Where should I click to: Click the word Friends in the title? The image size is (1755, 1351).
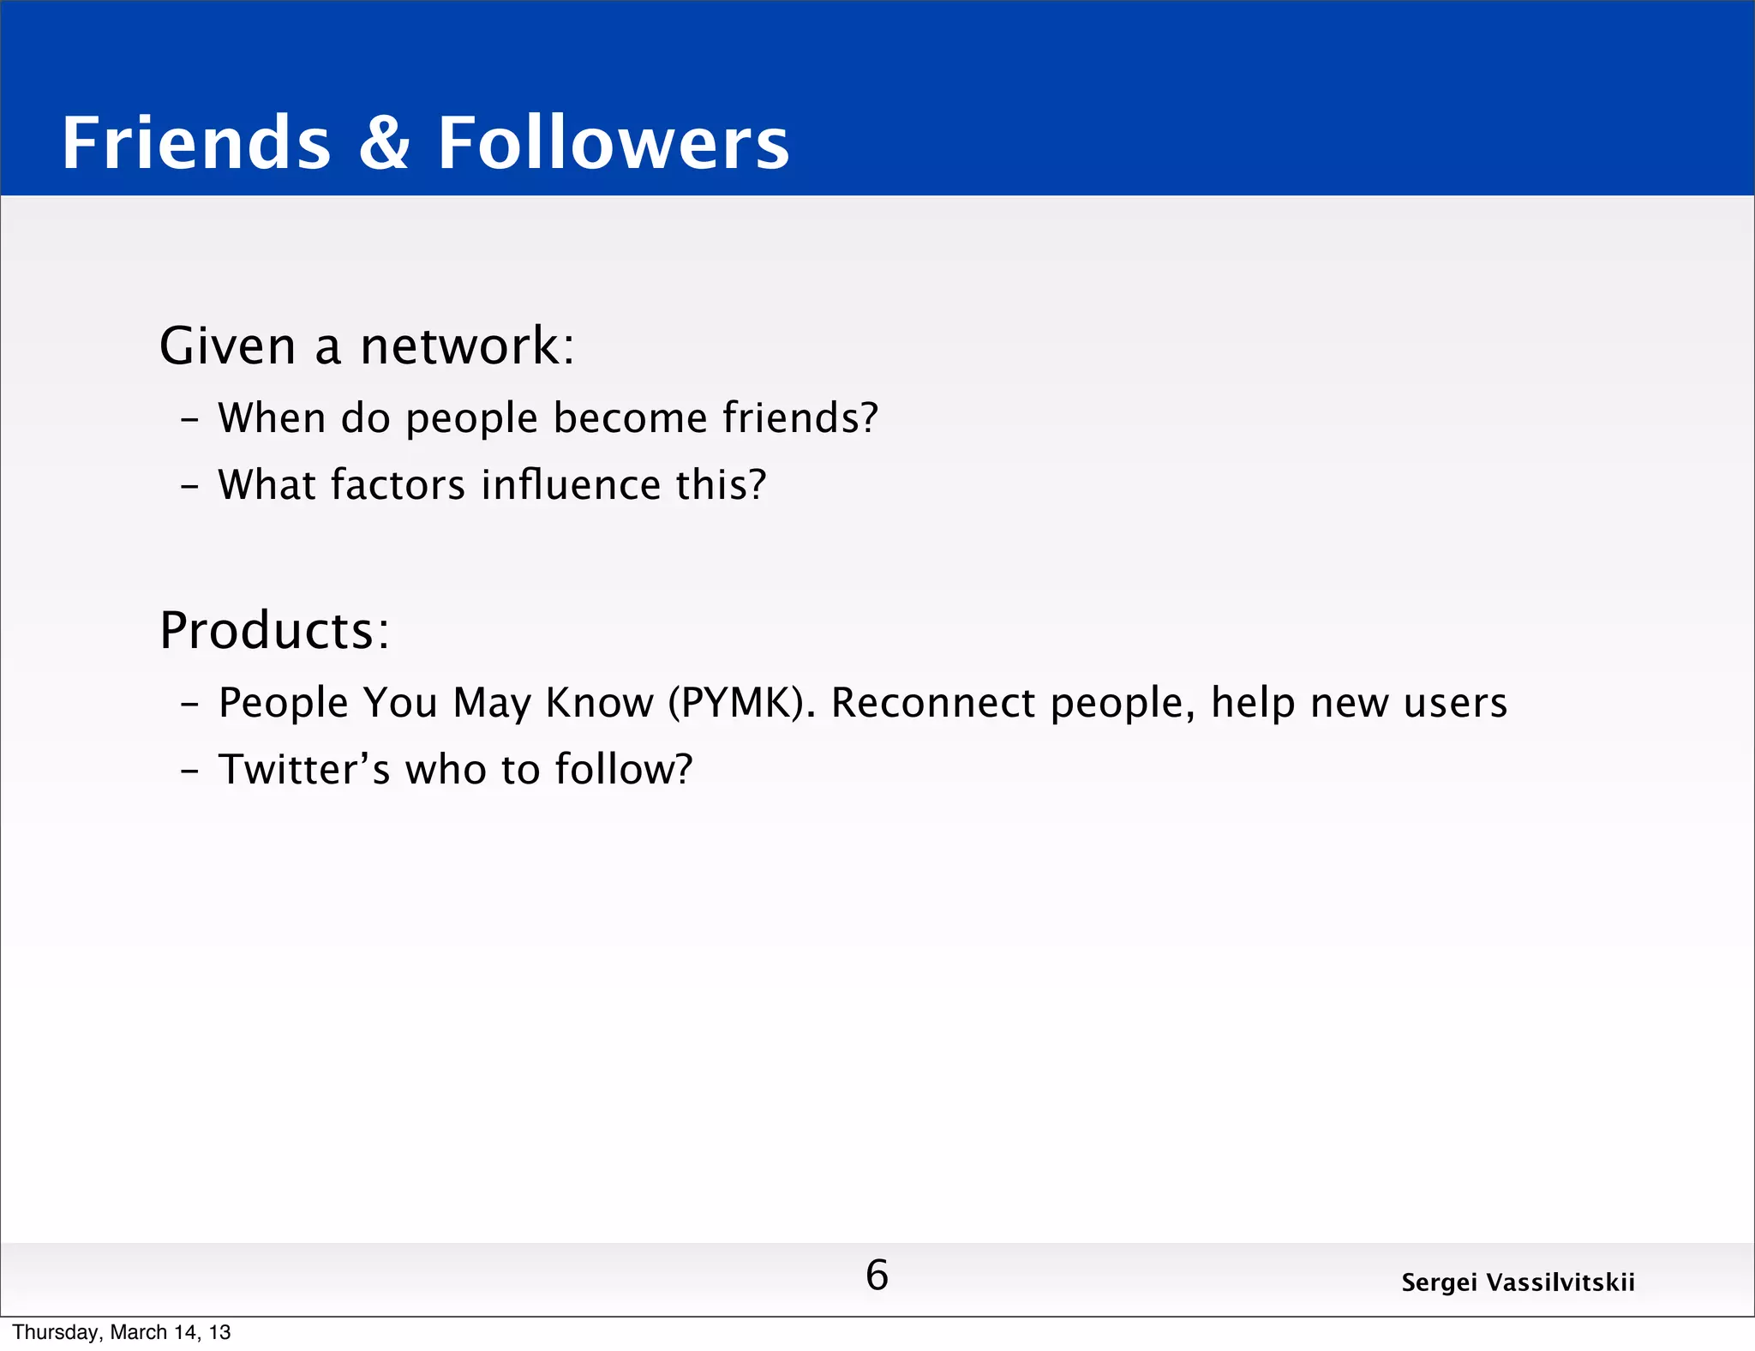coord(196,143)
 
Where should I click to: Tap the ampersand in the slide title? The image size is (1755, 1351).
coord(384,143)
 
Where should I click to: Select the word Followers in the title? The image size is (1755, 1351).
coord(614,143)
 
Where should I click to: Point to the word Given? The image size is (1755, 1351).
coord(228,345)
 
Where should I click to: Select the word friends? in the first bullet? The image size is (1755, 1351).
coord(800,417)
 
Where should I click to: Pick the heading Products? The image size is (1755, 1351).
coord(275,630)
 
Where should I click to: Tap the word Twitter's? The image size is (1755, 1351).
coord(304,769)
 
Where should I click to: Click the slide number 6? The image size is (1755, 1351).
coord(877,1275)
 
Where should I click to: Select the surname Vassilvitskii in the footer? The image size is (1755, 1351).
coord(1560,1282)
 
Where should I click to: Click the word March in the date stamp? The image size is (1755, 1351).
coord(138,1332)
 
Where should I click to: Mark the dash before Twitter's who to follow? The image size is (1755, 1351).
coord(189,770)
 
